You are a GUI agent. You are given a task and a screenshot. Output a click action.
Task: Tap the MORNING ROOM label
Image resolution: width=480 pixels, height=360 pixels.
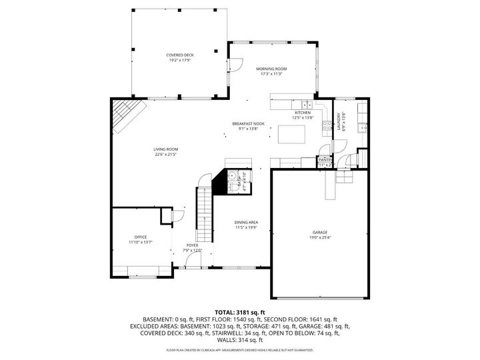click(271, 69)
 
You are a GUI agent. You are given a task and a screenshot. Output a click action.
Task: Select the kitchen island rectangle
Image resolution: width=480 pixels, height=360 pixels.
click(291, 135)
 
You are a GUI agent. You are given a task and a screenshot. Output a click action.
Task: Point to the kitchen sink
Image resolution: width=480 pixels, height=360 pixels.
click(307, 105)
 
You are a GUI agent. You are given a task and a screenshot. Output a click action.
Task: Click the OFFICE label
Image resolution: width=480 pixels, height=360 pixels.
click(140, 237)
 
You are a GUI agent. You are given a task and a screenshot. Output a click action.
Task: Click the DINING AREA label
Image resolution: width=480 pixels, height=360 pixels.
click(246, 222)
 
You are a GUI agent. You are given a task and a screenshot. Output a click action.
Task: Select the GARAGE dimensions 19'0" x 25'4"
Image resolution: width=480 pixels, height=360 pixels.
click(319, 237)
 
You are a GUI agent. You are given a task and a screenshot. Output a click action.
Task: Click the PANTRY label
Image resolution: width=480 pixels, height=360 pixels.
click(325, 160)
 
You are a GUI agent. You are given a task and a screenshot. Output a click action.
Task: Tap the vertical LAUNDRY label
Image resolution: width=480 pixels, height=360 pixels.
click(339, 121)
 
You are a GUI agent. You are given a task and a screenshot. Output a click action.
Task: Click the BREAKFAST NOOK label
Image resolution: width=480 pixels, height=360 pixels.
click(248, 124)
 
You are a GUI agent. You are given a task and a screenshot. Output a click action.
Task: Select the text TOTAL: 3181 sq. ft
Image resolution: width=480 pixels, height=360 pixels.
click(240, 312)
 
